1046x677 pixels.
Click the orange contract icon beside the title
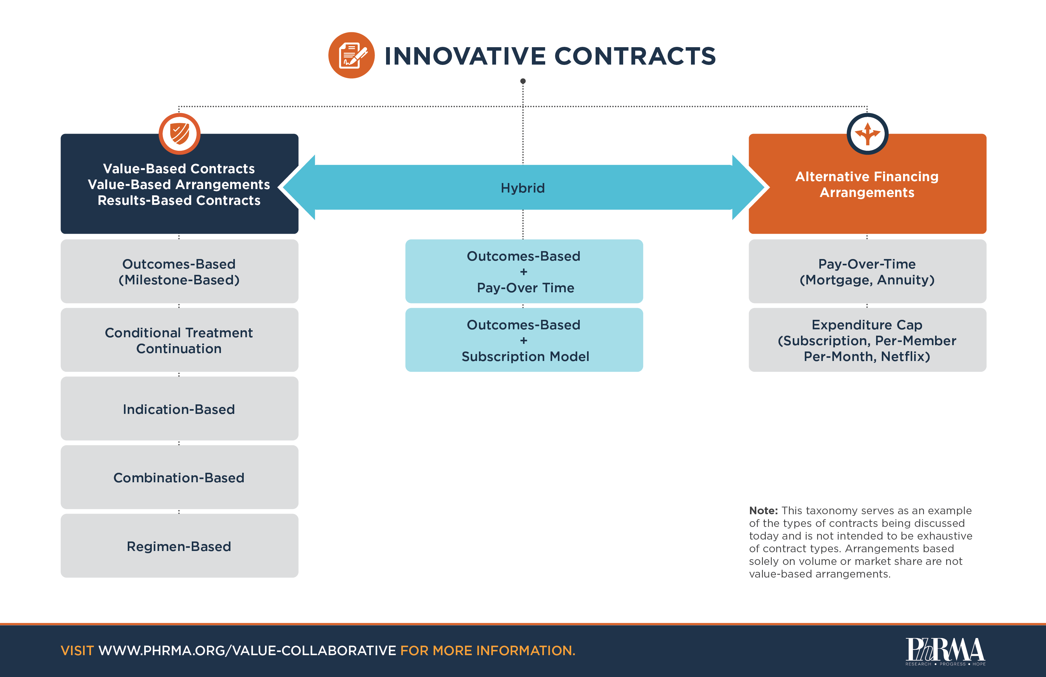coord(351,55)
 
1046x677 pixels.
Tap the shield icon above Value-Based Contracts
coord(179,133)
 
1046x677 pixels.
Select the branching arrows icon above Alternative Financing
coord(867,133)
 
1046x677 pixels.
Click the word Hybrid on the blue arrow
coord(523,188)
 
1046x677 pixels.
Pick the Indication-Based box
coord(179,409)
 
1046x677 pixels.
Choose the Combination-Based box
coord(179,477)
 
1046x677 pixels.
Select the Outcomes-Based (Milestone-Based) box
coord(179,271)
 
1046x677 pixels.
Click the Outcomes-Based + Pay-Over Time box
coord(524,271)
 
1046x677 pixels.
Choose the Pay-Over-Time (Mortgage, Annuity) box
coord(867,271)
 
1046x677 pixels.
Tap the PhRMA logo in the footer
coord(945,651)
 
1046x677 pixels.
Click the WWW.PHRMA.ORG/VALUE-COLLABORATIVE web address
coord(247,650)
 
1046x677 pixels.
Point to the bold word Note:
coord(763,511)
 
